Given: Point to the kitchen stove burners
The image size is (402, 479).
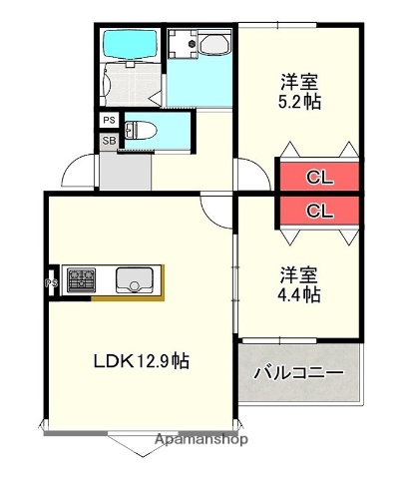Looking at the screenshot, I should coord(80,280).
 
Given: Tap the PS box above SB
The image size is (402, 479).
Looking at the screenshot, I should coord(109,121).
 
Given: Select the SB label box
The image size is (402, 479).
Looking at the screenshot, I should coord(109,141).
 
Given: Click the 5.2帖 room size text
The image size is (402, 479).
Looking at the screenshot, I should coord(299,102).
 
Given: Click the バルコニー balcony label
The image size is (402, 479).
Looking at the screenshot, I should coord(297,374).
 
